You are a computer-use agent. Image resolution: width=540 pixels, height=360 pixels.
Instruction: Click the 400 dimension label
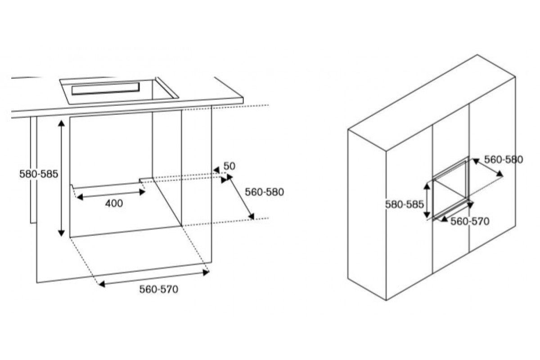tap(114, 203)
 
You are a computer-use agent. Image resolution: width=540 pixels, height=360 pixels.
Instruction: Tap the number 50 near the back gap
tap(229, 166)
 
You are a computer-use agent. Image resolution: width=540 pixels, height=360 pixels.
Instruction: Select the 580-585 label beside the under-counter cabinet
tap(39, 174)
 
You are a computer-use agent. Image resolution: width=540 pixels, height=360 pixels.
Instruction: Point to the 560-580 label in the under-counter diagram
tap(264, 192)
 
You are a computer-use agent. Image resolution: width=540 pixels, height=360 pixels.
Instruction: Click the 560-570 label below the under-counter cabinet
tap(158, 289)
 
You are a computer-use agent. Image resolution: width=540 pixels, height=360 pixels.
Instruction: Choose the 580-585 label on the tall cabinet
tap(404, 204)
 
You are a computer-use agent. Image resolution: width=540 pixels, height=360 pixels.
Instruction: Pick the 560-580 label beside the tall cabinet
tap(504, 160)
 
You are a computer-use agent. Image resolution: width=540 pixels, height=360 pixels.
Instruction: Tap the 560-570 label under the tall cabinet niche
tap(470, 221)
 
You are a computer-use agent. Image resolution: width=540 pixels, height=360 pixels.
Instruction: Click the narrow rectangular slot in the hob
tap(105, 89)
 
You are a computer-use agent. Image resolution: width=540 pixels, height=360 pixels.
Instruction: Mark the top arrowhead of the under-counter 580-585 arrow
tap(62, 123)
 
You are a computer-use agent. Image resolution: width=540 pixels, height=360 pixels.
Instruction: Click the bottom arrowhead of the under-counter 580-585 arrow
tap(62, 233)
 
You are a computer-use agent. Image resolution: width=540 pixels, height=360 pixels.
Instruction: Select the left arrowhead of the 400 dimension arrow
tap(80, 197)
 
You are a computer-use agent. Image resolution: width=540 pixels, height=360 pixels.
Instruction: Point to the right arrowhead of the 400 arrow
tap(142, 192)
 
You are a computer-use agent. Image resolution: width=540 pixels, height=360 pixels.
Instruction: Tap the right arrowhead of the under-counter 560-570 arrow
tap(206, 273)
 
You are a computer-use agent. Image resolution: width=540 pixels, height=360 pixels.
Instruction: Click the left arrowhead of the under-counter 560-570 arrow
tap(102, 284)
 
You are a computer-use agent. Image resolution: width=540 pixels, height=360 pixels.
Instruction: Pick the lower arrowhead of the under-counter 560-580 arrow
tap(251, 216)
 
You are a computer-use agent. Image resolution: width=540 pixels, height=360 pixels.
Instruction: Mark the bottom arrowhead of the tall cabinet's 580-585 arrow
tap(427, 214)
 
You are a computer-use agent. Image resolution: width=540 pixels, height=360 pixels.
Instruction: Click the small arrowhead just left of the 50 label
tap(216, 170)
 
